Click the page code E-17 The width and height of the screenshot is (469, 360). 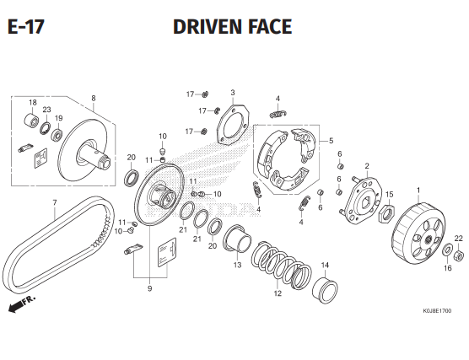pos(25,27)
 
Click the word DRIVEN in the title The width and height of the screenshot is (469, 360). pos(208,27)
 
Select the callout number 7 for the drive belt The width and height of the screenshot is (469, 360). pos(54,202)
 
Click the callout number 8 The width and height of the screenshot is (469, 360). pos(93,99)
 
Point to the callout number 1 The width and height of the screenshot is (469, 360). pos(418,190)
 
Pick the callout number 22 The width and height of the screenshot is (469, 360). pos(459,239)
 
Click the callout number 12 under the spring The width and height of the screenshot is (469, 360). pos(277,294)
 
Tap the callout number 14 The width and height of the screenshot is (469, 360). pos(325,266)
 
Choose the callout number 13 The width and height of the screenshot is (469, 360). pos(237,265)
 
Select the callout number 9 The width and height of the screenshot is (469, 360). pos(149,289)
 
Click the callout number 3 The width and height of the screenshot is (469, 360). pos(232,93)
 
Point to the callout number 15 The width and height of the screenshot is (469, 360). pos(390,195)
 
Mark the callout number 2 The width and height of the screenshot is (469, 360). pos(367,166)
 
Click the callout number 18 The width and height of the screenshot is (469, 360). pos(33,103)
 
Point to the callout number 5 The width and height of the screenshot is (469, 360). pos(331,142)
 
